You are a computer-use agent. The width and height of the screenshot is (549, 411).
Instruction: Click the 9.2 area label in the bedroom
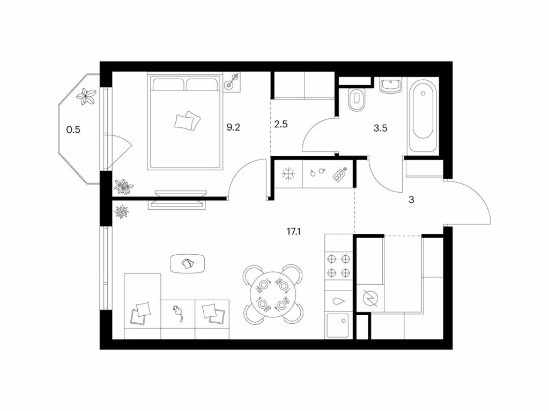click(233, 127)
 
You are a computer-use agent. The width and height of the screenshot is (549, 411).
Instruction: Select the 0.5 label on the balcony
click(73, 130)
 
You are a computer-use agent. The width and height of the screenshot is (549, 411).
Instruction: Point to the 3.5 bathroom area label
click(380, 128)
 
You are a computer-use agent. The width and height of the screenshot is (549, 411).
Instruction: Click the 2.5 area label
click(281, 124)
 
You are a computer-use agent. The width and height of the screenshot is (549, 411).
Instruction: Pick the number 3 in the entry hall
click(411, 200)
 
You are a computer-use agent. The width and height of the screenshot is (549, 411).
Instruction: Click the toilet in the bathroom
click(357, 98)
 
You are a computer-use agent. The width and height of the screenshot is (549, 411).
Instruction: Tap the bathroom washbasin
click(390, 85)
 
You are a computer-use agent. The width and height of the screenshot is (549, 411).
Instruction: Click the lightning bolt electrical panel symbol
click(370, 298)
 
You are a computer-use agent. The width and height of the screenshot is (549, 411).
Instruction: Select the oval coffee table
click(188, 263)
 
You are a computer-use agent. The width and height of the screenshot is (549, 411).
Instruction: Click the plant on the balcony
click(86, 96)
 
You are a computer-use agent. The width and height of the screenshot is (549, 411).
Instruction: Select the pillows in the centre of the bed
click(188, 121)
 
